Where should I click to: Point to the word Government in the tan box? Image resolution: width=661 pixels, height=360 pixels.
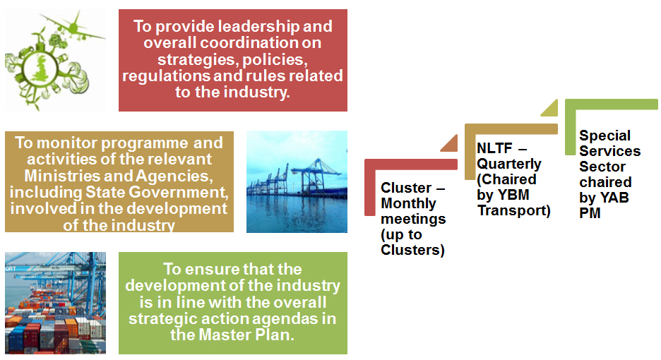click(x=178, y=192)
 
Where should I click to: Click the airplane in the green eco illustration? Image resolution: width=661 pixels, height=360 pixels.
click(x=73, y=28)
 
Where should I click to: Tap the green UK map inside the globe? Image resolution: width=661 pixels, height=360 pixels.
click(x=41, y=68)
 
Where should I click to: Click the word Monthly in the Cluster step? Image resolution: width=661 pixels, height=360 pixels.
click(x=408, y=203)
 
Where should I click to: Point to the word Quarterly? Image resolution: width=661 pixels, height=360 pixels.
click(x=509, y=164)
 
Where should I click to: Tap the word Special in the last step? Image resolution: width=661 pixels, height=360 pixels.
click(x=605, y=136)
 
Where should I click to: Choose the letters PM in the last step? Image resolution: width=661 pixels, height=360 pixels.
click(x=590, y=213)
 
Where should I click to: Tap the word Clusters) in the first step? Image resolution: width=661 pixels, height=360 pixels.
click(x=412, y=250)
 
